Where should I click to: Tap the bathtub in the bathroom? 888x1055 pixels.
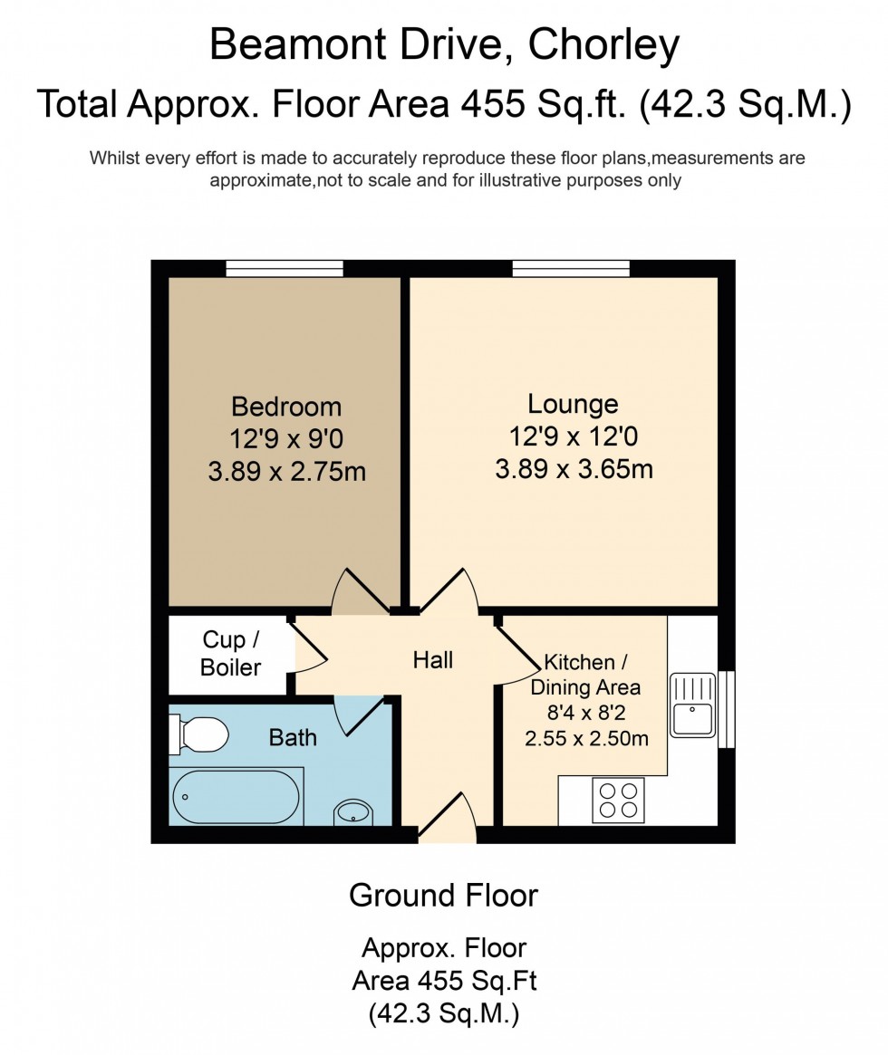tap(236, 797)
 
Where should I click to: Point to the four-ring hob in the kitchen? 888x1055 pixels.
tap(618, 801)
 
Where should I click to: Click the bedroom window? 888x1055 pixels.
tap(285, 268)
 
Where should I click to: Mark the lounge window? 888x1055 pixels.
tap(571, 268)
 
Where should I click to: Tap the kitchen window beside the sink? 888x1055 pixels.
tap(726, 709)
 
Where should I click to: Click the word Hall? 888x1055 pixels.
tap(433, 660)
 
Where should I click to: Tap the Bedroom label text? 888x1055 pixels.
tap(286, 406)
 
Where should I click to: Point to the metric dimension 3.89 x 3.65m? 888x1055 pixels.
tap(574, 470)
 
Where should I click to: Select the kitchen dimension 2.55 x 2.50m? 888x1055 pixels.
tap(586, 738)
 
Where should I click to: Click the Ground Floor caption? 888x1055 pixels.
tap(443, 896)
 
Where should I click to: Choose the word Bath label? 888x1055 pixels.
tap(293, 737)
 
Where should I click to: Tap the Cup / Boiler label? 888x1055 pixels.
tap(230, 654)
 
